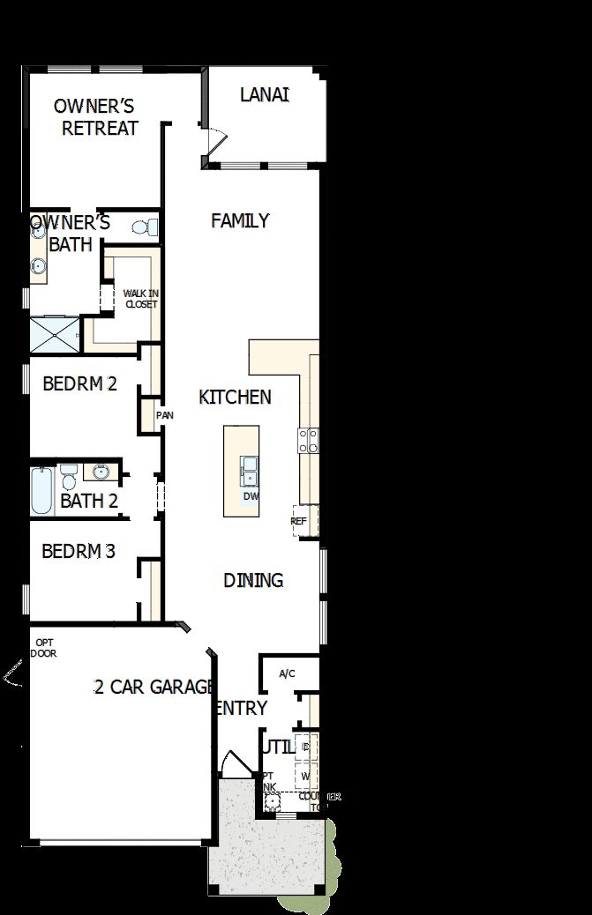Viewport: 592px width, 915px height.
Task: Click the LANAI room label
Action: [265, 94]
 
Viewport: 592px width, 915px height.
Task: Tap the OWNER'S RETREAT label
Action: [94, 117]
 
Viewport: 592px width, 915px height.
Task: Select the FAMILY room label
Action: [240, 220]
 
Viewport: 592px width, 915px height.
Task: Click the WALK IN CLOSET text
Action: [140, 299]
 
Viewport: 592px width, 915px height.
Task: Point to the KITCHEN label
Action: [235, 397]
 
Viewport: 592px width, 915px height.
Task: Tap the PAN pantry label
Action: [164, 415]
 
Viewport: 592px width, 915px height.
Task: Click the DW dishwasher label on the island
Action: [251, 496]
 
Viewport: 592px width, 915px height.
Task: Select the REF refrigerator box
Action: [299, 521]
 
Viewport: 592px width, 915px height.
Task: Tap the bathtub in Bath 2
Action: [41, 492]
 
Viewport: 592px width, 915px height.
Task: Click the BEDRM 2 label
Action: [79, 383]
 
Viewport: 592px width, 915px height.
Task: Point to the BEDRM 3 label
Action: [79, 552]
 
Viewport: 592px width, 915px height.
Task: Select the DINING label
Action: [253, 580]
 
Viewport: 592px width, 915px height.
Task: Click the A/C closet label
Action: [287, 674]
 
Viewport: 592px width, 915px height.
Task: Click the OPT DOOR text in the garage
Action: [43, 648]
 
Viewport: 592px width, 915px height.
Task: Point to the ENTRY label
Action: [240, 708]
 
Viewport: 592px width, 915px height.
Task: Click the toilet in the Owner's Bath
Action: [145, 227]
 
